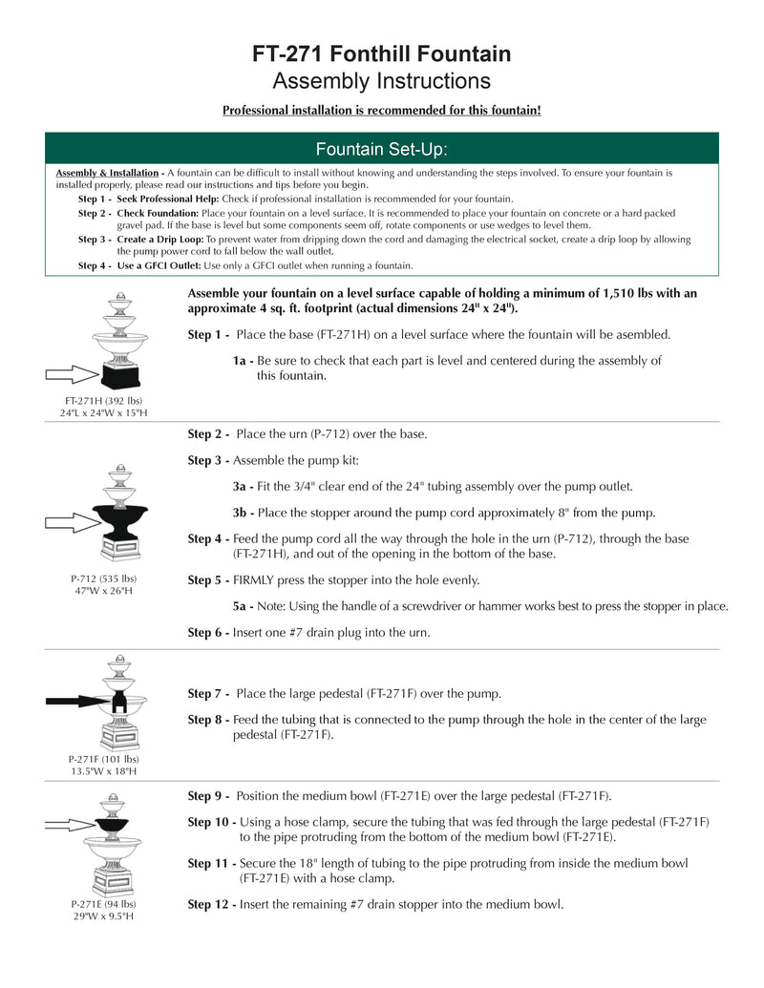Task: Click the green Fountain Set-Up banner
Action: pos(381,149)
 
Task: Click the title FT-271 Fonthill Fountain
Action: pos(381,54)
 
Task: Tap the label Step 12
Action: pos(211,903)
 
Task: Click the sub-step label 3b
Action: pos(243,512)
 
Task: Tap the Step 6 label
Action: pos(208,632)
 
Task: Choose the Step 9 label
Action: pos(208,795)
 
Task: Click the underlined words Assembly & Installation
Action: pos(107,173)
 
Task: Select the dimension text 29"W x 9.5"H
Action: pos(103,915)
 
